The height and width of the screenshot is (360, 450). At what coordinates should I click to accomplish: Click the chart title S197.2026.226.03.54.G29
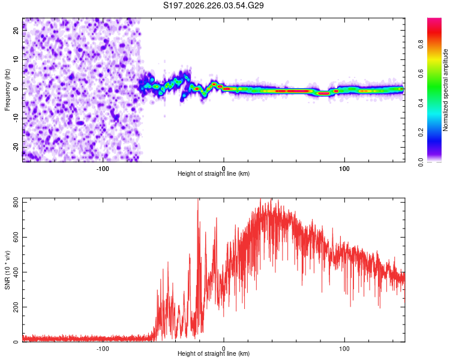[213, 5]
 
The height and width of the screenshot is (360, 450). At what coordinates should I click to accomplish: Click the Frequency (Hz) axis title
[7, 90]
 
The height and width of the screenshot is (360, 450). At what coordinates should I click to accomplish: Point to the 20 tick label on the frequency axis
[16, 31]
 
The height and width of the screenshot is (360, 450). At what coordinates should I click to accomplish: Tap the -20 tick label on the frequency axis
[16, 148]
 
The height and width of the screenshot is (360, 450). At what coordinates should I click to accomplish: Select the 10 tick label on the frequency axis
[16, 59]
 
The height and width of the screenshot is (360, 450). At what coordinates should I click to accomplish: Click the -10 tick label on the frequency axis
[16, 118]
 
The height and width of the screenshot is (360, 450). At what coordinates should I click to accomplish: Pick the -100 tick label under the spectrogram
[103, 169]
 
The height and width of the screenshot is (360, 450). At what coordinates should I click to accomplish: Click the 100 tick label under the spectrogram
[344, 169]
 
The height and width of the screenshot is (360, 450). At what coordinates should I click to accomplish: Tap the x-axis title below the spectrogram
[214, 173]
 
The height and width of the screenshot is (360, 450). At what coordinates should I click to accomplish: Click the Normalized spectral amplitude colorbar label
[445, 90]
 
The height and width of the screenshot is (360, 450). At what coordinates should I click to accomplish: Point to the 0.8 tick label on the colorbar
[421, 44]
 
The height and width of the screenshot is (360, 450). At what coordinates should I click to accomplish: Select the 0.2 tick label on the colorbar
[421, 133]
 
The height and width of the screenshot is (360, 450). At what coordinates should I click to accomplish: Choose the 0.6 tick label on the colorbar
[421, 73]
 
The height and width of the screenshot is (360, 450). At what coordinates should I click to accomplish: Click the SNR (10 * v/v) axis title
[7, 270]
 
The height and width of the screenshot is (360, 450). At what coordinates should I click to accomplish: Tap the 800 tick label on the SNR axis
[16, 203]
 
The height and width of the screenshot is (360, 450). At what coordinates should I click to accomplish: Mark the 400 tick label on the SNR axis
[16, 272]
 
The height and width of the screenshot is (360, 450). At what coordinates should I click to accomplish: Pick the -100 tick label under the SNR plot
[103, 349]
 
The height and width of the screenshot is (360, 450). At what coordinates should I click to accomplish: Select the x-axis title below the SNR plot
[214, 353]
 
